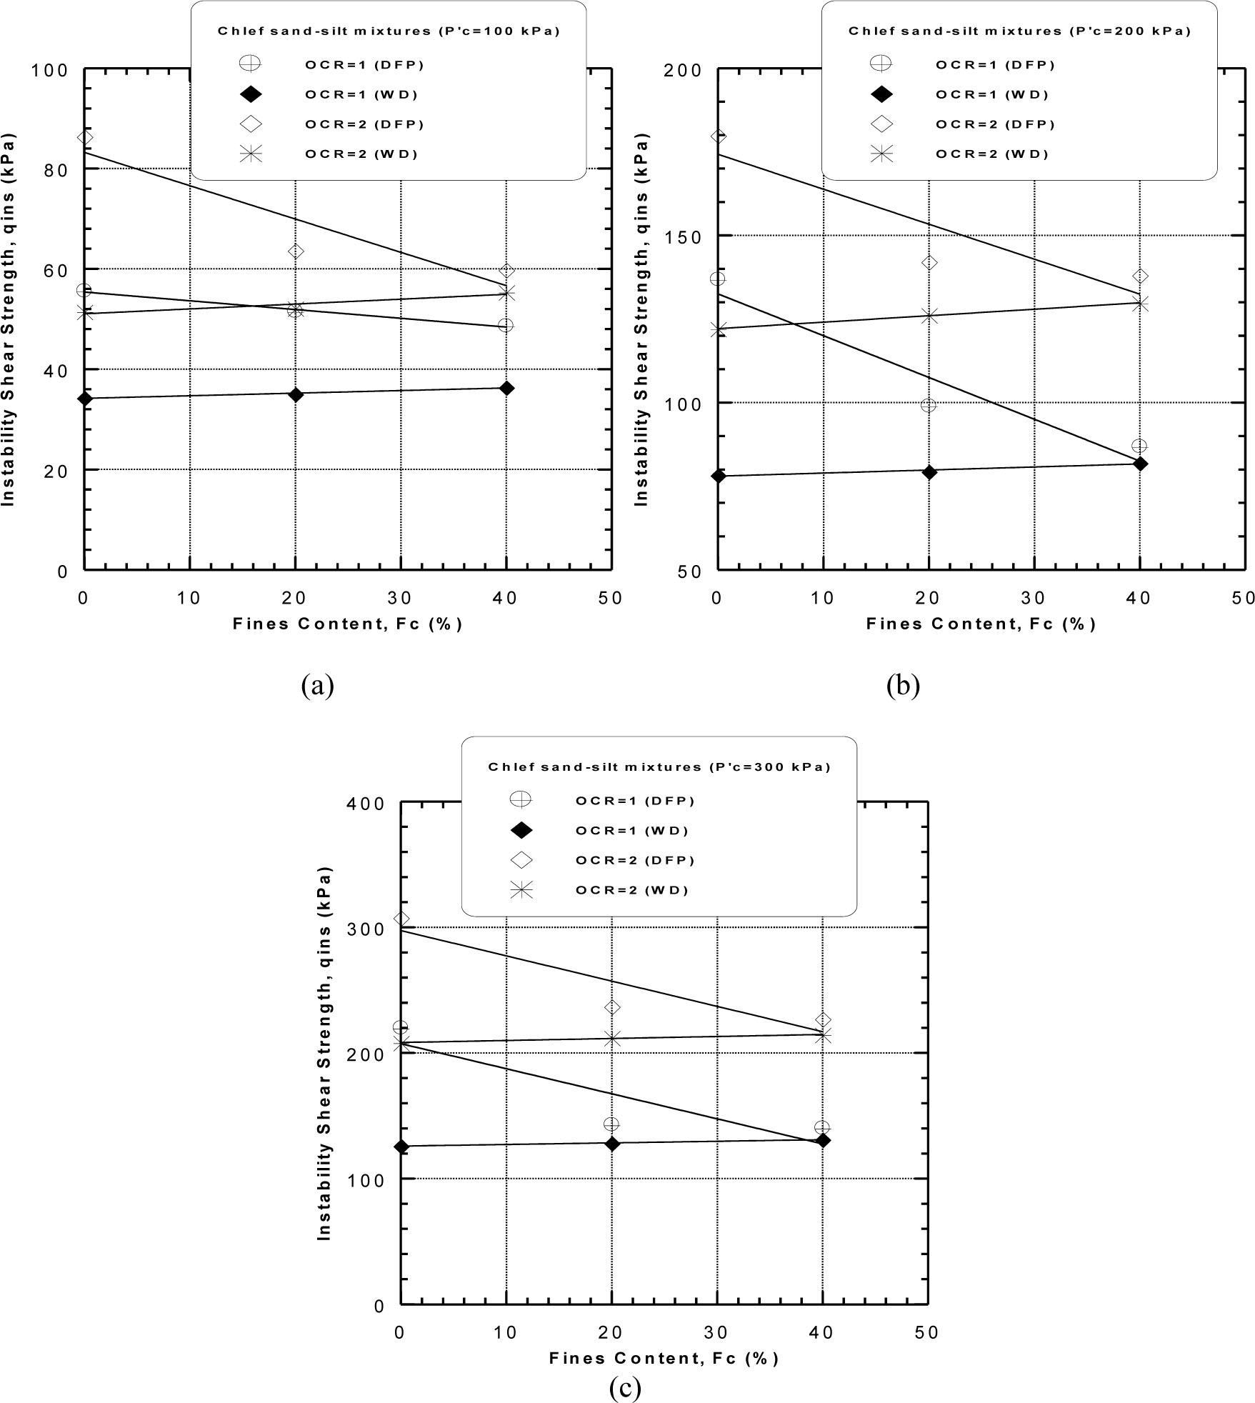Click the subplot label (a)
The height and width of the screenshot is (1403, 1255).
318,686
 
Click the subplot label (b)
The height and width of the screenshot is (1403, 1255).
903,686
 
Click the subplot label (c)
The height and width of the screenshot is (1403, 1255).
625,1388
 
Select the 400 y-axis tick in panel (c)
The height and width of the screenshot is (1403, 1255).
367,804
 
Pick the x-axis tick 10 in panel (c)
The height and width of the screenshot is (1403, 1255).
506,1332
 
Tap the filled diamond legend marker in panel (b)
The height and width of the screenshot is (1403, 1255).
881,94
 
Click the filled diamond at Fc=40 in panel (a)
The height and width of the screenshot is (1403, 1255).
506,388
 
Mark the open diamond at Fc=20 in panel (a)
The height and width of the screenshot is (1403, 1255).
295,251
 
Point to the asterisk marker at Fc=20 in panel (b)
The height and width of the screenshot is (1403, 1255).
929,316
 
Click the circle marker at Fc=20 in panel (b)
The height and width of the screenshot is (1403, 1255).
929,405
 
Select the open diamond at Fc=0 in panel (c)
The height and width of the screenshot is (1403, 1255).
401,919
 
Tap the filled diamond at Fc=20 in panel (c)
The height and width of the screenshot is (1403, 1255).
612,1144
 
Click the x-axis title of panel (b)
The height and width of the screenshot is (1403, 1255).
981,624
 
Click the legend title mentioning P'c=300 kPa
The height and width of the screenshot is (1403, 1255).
659,767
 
